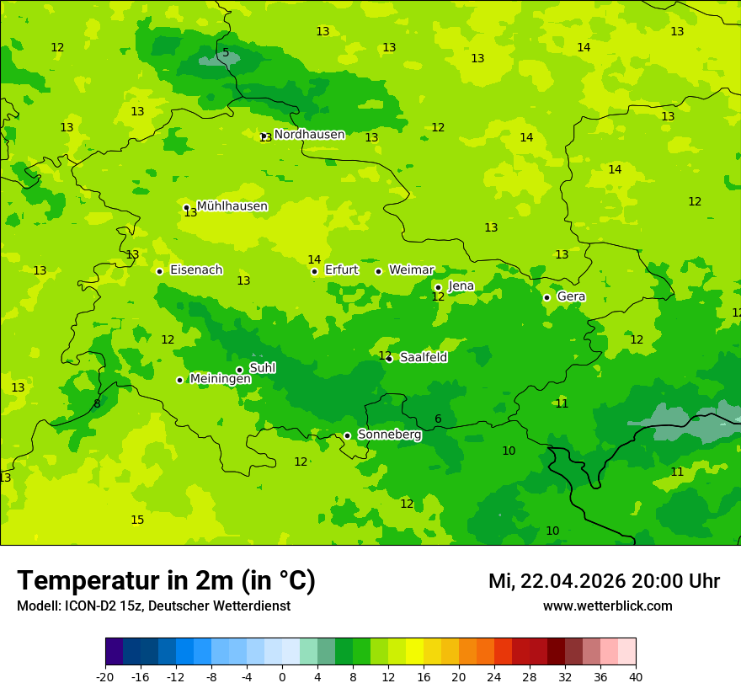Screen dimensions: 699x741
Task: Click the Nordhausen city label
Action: pyautogui.click(x=309, y=135)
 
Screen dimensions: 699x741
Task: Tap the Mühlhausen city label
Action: pyautogui.click(x=232, y=206)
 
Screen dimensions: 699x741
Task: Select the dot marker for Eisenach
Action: pyautogui.click(x=159, y=271)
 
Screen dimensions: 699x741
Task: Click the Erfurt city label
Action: pyautogui.click(x=341, y=270)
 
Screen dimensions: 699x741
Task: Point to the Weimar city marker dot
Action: pyautogui.click(x=378, y=271)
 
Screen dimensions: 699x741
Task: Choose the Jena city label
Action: pyautogui.click(x=461, y=286)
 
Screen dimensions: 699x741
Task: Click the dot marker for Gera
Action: pyautogui.click(x=546, y=297)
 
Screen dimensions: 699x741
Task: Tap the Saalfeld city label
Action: pyautogui.click(x=423, y=358)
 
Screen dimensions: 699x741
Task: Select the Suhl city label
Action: pyautogui.click(x=262, y=368)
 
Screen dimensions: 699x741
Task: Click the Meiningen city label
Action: pyautogui.click(x=220, y=379)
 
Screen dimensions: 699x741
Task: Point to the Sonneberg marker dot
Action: pyautogui.click(x=347, y=435)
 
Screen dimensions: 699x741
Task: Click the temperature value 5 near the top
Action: pyautogui.click(x=226, y=53)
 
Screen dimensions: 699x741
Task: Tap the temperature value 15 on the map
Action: pyautogui.click(x=137, y=520)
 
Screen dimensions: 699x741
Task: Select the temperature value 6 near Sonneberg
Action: pyautogui.click(x=438, y=419)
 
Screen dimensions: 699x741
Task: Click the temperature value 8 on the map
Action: pyautogui.click(x=97, y=404)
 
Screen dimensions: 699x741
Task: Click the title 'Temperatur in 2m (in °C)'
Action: pyautogui.click(x=166, y=581)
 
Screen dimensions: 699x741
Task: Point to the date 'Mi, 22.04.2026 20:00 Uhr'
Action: pyautogui.click(x=604, y=581)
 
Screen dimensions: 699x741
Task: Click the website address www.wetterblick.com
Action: pyautogui.click(x=607, y=606)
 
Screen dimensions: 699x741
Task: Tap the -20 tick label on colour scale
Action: pyautogui.click(x=105, y=677)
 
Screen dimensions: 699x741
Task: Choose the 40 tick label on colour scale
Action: pyautogui.click(x=636, y=677)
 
